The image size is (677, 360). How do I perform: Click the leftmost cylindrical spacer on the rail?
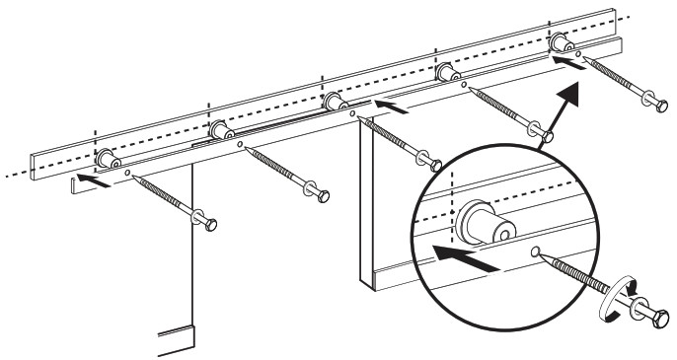107,158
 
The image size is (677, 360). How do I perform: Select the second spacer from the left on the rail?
220,130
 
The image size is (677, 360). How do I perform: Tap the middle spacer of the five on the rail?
334,102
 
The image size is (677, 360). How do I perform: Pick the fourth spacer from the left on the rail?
447,73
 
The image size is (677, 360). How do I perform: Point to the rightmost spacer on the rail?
560,43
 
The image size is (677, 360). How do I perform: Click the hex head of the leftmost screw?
207,221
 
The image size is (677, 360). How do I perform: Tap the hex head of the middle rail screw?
428,162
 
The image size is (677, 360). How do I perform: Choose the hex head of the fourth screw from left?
541,131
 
